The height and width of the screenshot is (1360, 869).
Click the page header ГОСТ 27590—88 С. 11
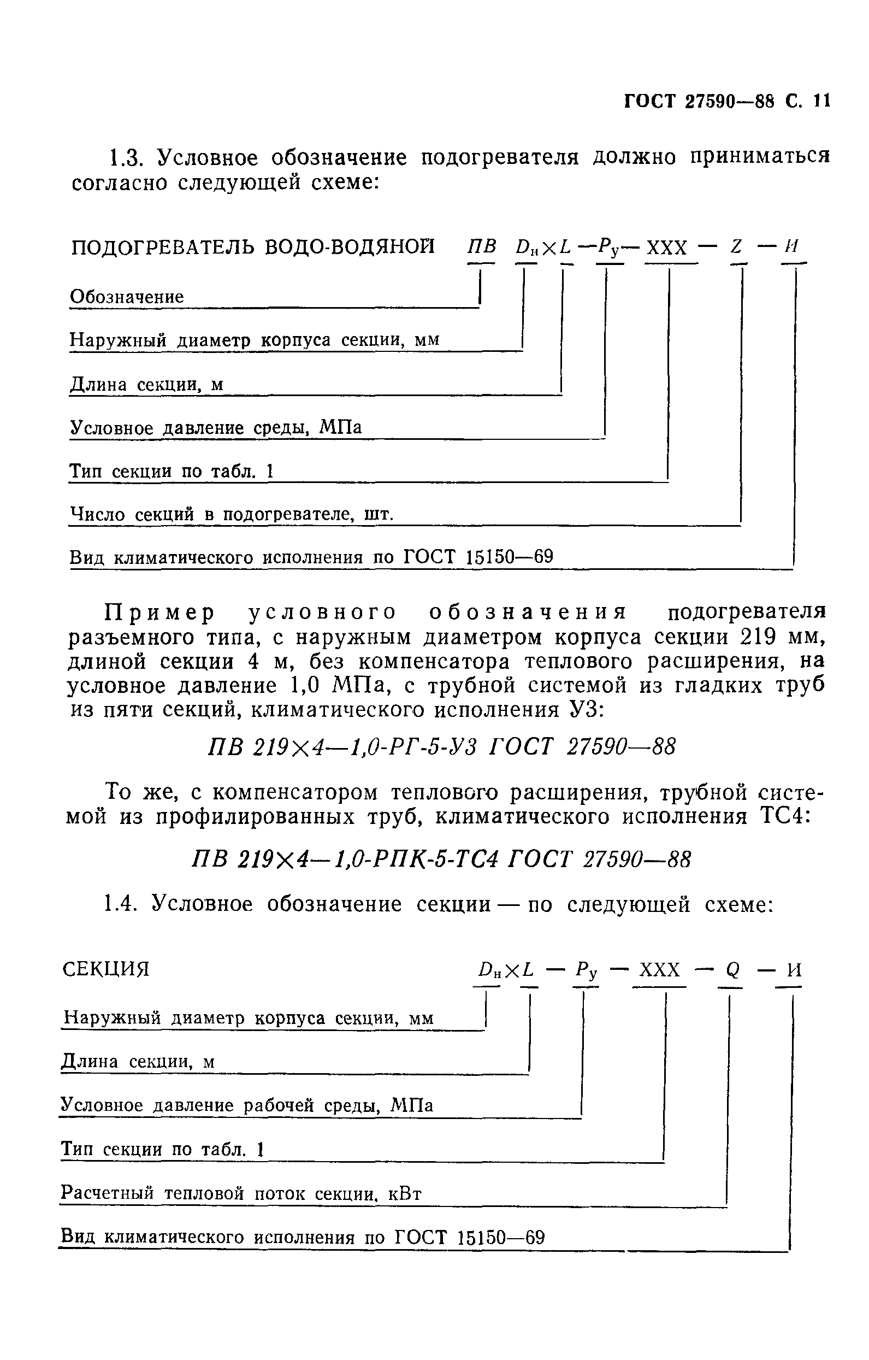point(726,102)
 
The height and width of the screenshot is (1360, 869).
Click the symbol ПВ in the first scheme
point(482,247)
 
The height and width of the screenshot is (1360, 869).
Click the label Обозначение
point(127,297)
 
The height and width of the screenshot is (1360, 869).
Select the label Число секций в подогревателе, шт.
point(231,514)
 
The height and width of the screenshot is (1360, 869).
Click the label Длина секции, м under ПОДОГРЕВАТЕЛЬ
point(146,384)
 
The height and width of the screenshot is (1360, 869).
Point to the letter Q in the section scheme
point(732,970)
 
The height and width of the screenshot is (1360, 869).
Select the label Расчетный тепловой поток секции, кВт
point(240,1193)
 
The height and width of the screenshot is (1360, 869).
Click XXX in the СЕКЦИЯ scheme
point(659,970)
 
